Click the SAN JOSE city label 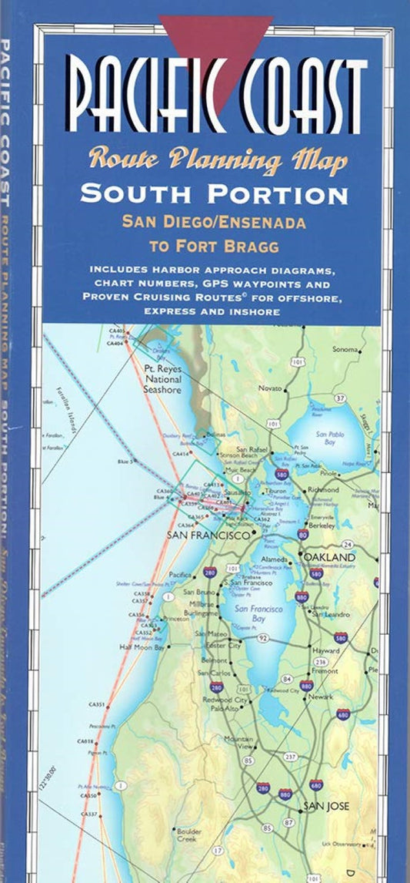click(326, 806)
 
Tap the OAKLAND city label click(329, 557)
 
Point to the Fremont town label click(326, 671)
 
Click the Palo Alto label click(225, 708)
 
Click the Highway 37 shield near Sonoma click(339, 398)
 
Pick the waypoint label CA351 click(97, 705)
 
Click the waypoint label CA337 click(90, 814)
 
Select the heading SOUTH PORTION click(214, 193)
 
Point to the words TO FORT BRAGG click(213, 247)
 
